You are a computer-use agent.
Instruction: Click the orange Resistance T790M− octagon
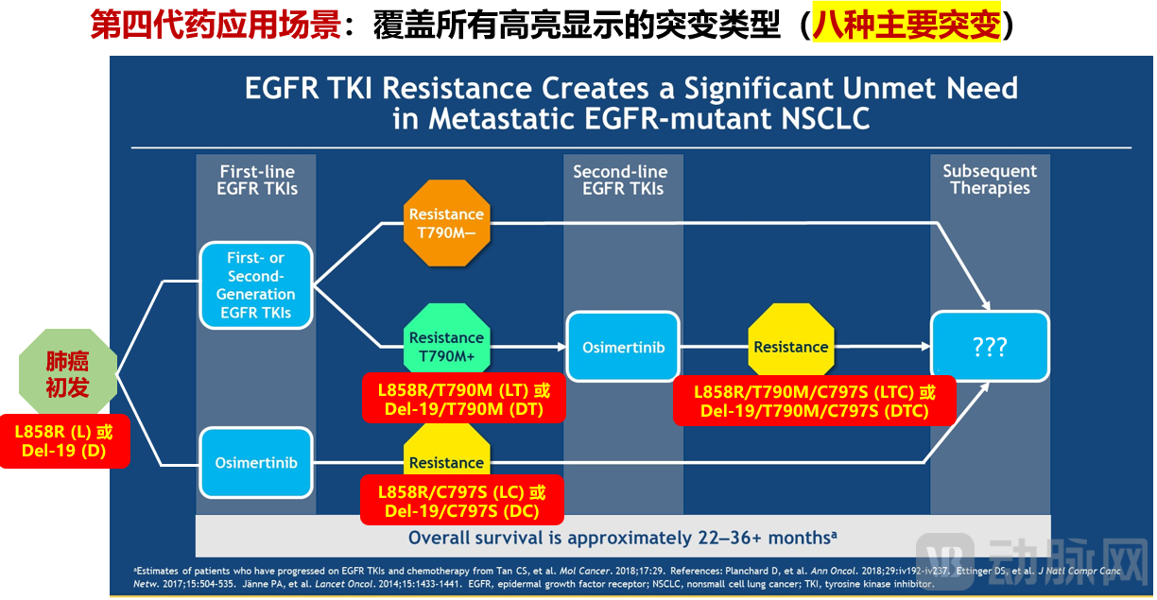tap(446, 223)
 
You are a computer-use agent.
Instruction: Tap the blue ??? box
tap(990, 347)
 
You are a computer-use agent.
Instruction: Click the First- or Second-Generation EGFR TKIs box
tap(255, 285)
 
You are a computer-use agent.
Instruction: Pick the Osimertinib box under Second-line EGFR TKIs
tap(623, 347)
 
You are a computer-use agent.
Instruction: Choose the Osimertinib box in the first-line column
tap(255, 463)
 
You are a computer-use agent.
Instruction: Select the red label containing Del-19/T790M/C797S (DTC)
tap(815, 402)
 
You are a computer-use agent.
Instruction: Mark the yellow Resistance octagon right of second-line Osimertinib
tap(790, 347)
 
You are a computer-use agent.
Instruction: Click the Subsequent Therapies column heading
tap(990, 180)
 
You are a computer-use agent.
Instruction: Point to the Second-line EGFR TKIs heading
tap(620, 180)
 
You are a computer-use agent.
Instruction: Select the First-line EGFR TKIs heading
tap(257, 180)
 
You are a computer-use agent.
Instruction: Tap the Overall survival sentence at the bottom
tap(623, 538)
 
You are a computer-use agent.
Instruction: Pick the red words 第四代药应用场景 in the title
tap(215, 26)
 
